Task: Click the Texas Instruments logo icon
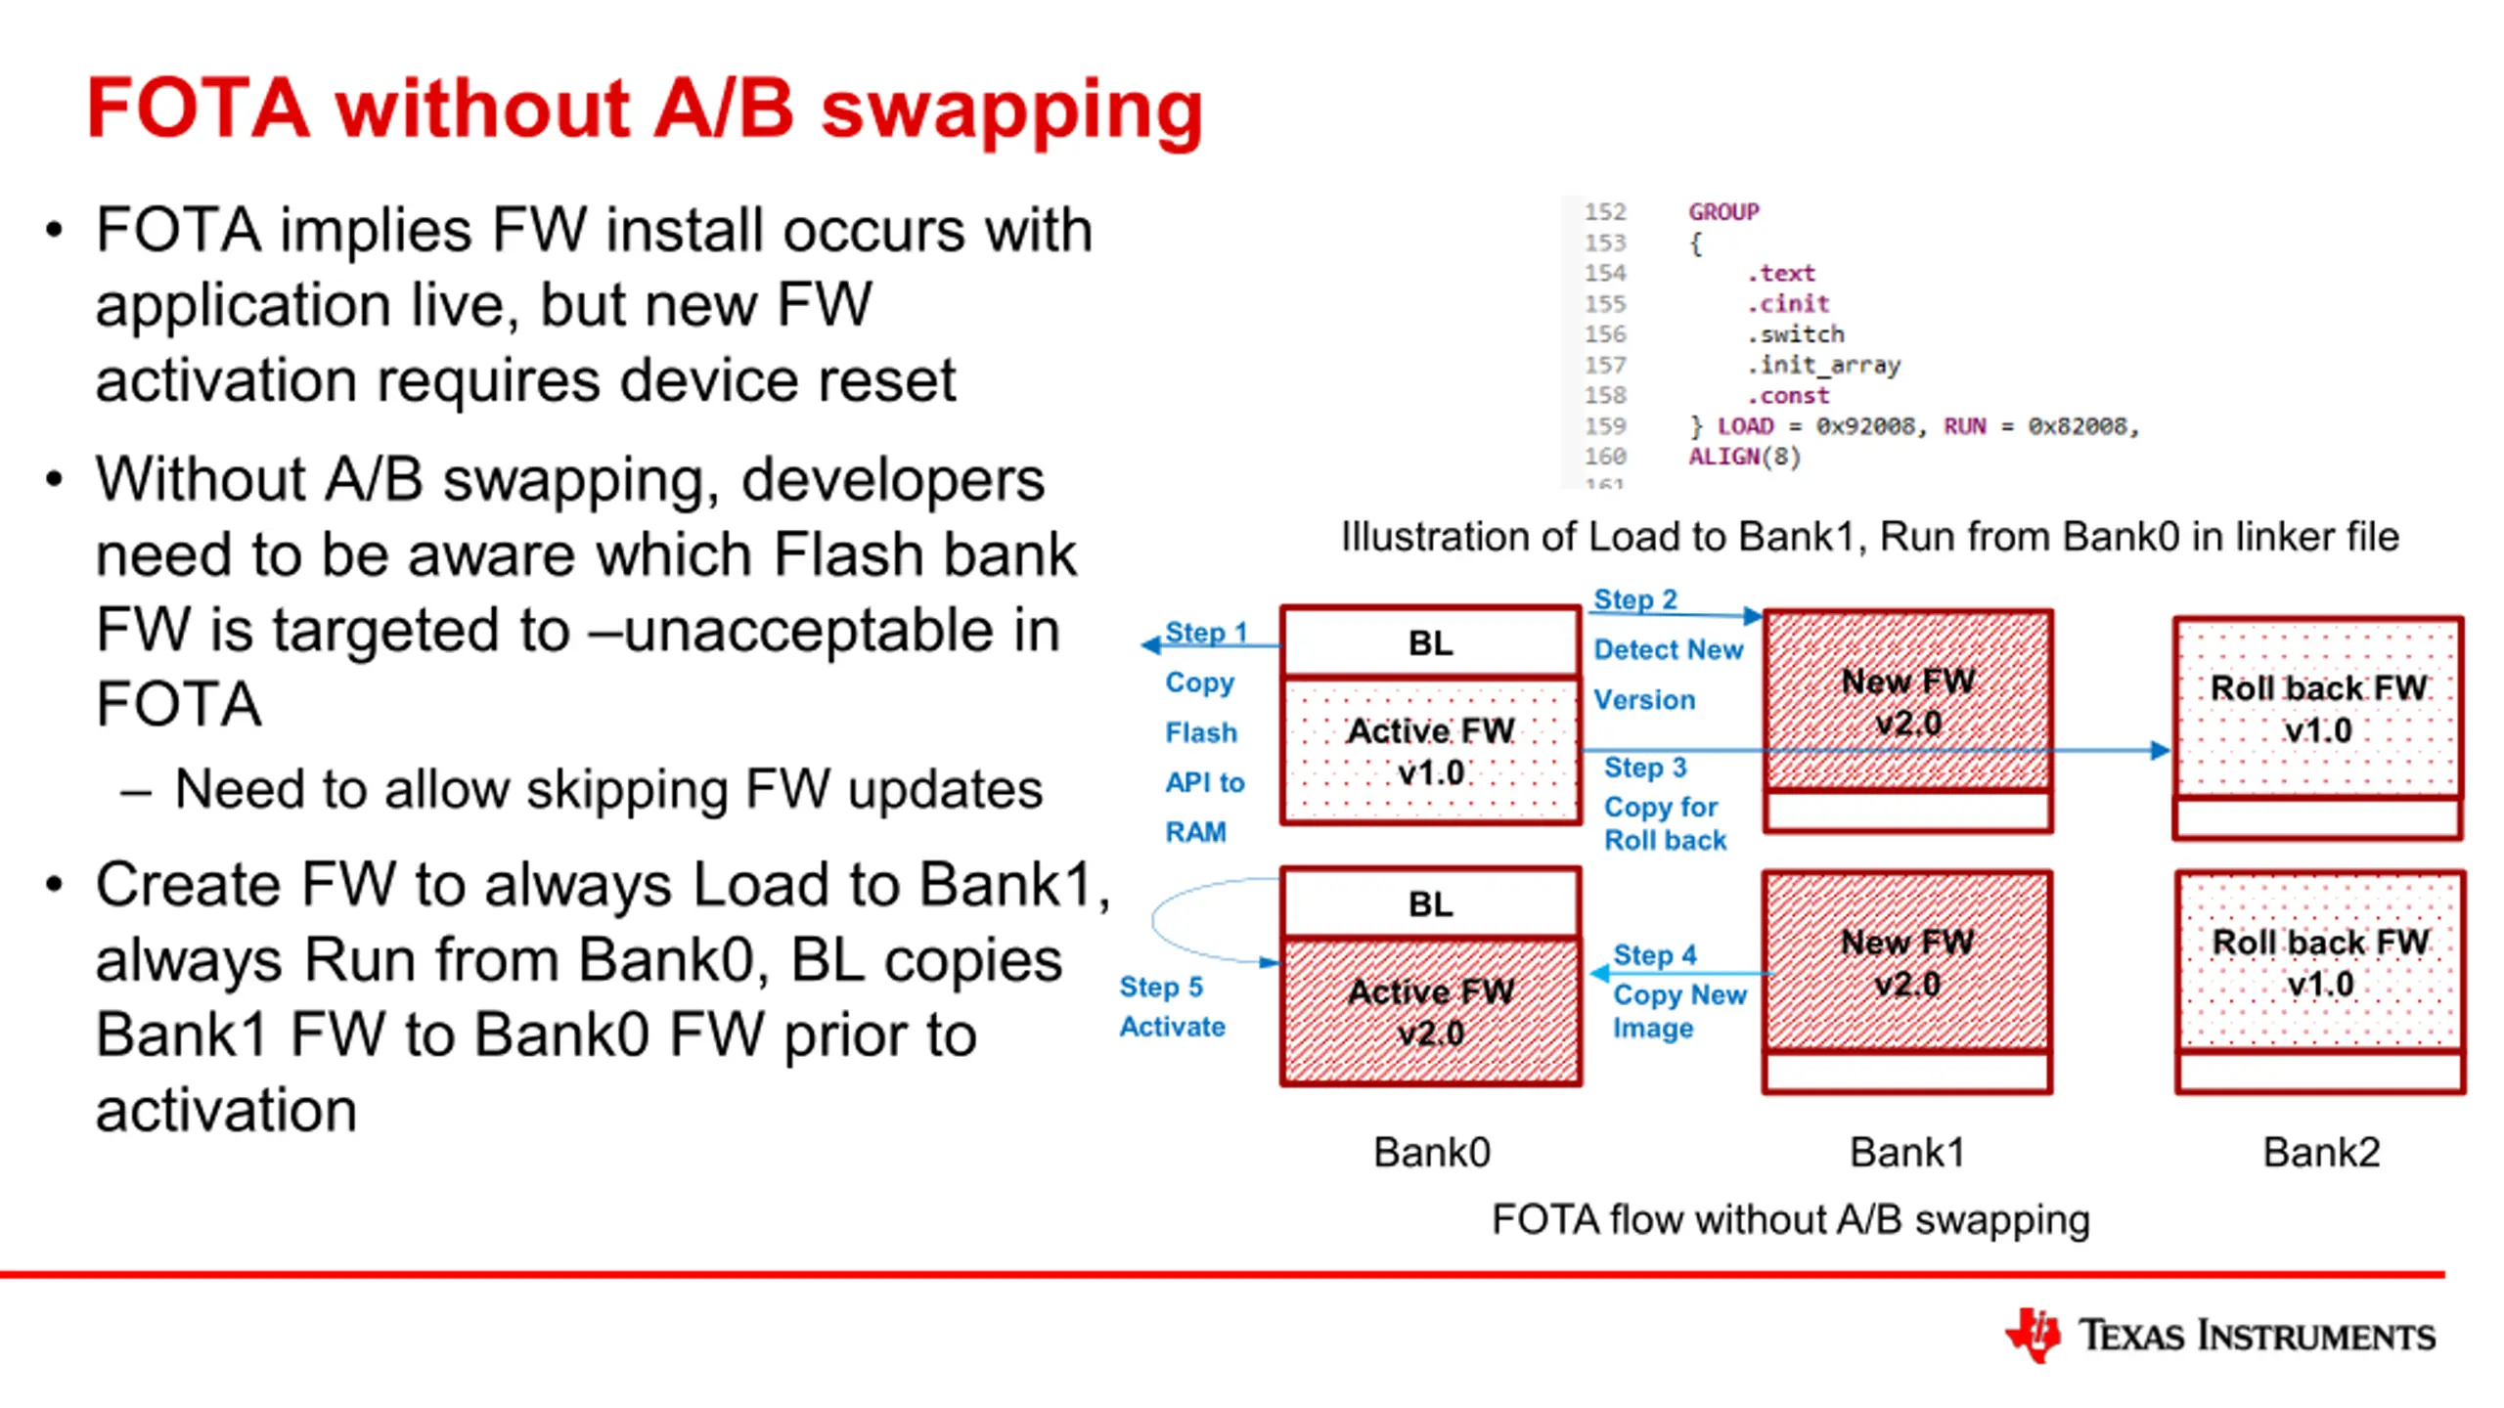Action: click(x=2033, y=1334)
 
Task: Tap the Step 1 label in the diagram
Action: click(x=1206, y=633)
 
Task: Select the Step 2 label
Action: click(x=1635, y=599)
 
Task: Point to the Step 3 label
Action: click(x=1645, y=768)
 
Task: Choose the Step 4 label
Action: click(x=1655, y=954)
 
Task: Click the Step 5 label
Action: click(x=1161, y=987)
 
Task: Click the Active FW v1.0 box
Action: click(x=1431, y=750)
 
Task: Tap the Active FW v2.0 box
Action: click(x=1431, y=1011)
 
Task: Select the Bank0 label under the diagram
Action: click(x=1432, y=1153)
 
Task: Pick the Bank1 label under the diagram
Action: click(x=1907, y=1153)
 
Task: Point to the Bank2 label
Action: click(x=2321, y=1153)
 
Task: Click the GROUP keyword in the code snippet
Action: click(x=1723, y=212)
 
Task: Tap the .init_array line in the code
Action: click(x=1823, y=366)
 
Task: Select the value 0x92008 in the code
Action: click(x=1865, y=426)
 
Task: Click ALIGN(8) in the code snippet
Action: click(x=1744, y=457)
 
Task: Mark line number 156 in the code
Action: click(x=1605, y=334)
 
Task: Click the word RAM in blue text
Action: click(x=1195, y=832)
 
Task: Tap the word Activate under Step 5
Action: click(x=1172, y=1027)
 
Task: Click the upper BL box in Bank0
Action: click(x=1431, y=642)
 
